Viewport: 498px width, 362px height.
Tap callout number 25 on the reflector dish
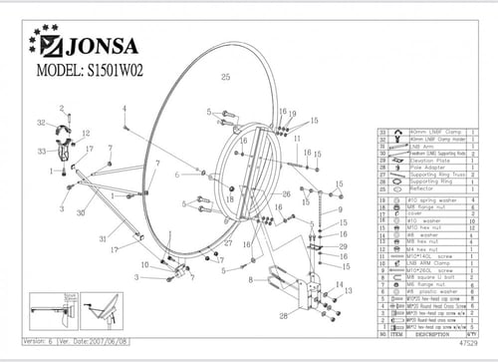[225, 77]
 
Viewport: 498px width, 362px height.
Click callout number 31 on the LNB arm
[102, 237]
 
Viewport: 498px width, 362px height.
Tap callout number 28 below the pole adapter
[284, 315]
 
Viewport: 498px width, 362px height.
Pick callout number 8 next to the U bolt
[251, 280]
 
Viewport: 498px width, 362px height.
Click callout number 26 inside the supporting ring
[286, 193]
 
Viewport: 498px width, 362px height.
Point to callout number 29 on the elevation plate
[344, 245]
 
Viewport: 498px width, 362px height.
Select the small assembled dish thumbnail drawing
[101, 314]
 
